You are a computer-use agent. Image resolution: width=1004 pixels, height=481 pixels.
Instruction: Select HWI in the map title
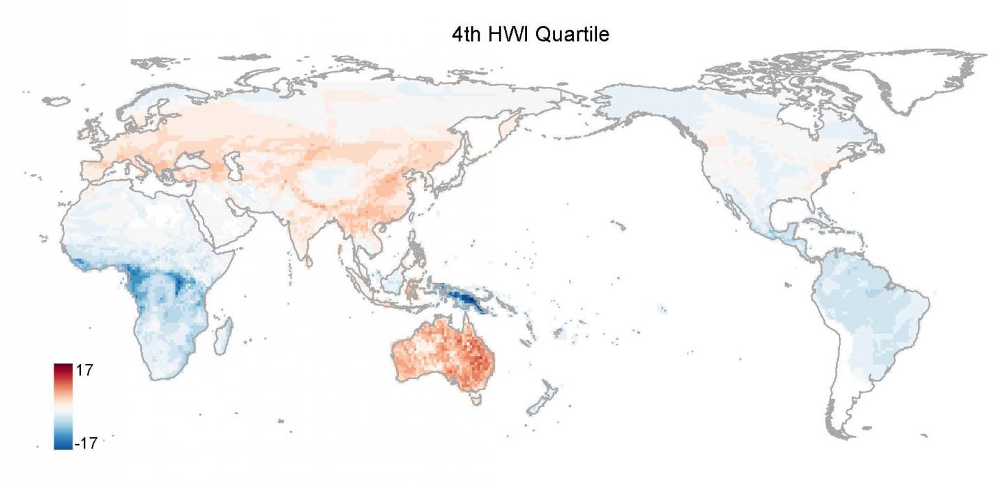(508, 33)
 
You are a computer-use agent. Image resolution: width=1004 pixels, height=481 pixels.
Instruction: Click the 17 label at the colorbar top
(84, 371)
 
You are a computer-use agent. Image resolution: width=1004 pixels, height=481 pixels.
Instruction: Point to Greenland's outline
(906, 84)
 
